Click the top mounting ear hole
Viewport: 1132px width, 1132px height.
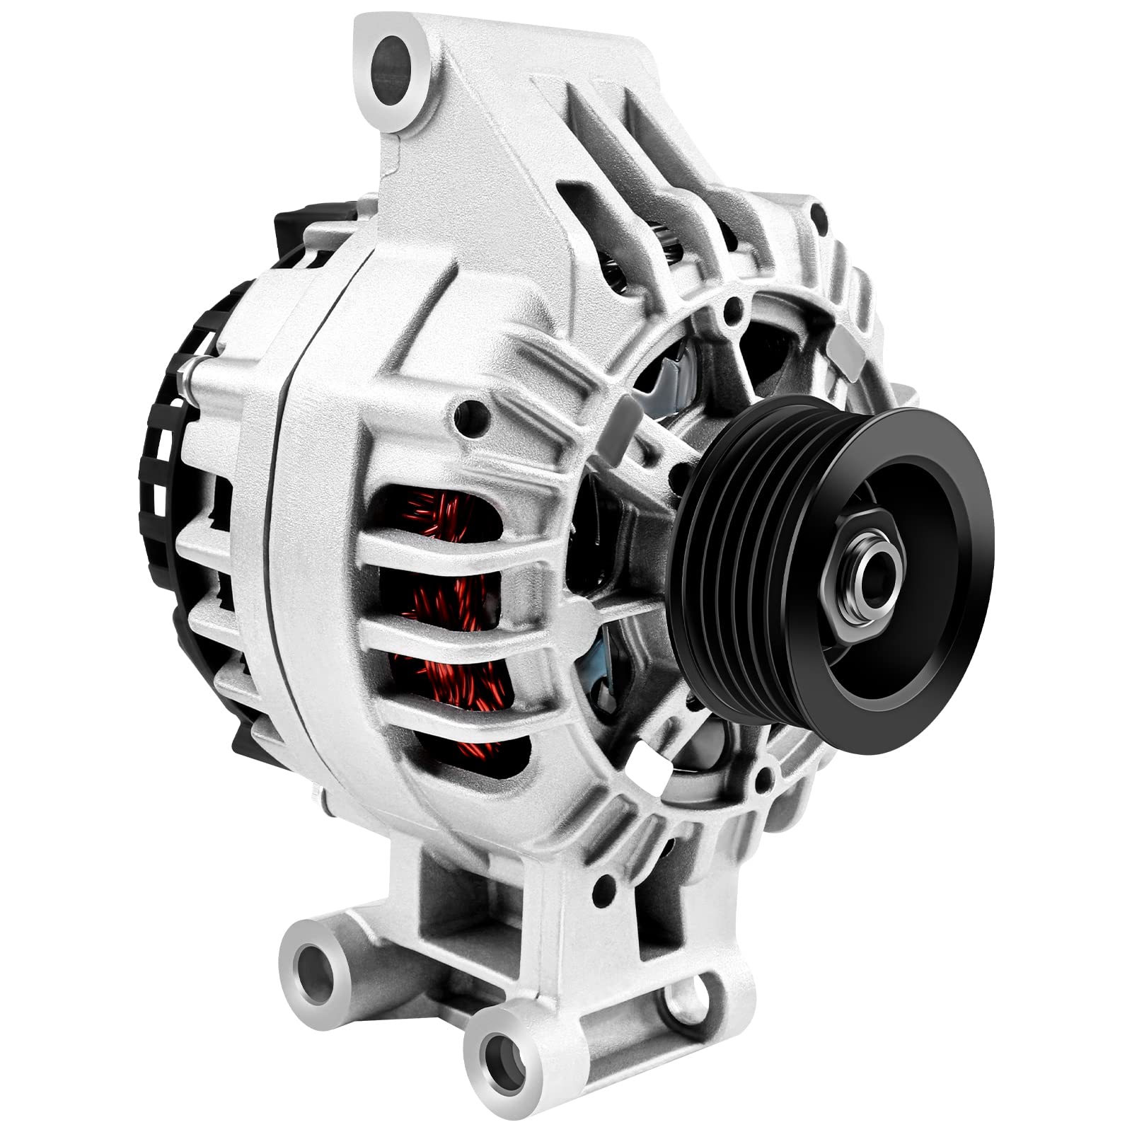(391, 64)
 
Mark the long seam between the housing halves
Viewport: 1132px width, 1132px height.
(279, 566)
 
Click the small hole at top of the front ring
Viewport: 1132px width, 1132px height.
(733, 306)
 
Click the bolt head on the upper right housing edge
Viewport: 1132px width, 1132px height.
(819, 212)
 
